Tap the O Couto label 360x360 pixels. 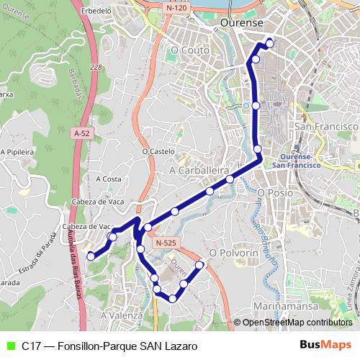click(190, 51)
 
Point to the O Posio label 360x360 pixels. click(274, 193)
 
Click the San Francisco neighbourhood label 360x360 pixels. click(326, 126)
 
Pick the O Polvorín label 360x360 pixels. click(233, 253)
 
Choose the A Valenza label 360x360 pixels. click(122, 315)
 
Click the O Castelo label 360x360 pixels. click(158, 152)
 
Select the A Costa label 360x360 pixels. click(108, 179)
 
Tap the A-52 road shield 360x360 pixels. click(82, 132)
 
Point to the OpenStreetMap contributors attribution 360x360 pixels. click(297, 323)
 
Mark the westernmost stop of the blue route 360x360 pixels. click(91, 256)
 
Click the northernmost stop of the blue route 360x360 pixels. click(270, 43)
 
